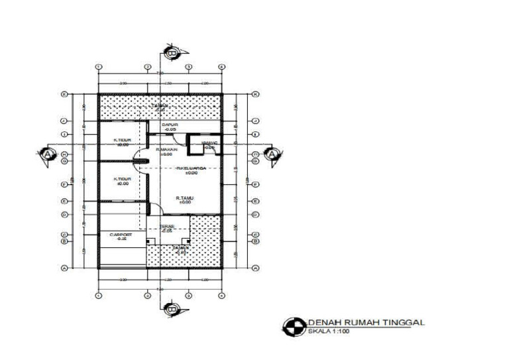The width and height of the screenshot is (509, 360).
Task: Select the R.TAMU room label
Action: tap(184, 200)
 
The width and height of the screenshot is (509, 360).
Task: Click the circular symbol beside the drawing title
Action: tap(292, 326)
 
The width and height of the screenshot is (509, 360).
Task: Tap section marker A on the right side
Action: tap(273, 154)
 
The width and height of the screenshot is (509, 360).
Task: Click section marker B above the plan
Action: tap(172, 52)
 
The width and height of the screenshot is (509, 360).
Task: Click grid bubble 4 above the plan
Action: tap(221, 68)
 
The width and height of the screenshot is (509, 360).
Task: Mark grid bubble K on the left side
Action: tap(64, 94)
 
